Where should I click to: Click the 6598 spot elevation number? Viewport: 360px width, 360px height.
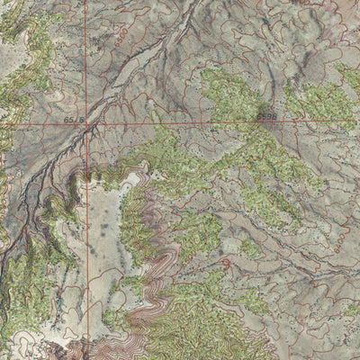tap(265, 115)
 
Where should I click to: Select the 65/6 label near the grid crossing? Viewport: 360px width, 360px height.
tap(74, 119)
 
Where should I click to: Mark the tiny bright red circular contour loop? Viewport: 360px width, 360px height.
tap(223, 264)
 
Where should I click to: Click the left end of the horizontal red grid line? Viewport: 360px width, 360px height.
tap(1, 124)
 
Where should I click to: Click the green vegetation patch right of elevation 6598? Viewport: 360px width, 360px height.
tap(315, 99)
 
